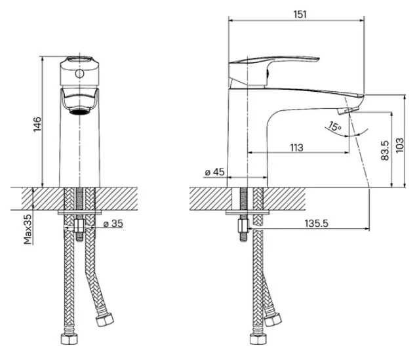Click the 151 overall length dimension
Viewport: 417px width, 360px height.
click(x=300, y=14)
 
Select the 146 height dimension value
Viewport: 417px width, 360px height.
click(x=37, y=124)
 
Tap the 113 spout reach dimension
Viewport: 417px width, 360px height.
click(x=296, y=148)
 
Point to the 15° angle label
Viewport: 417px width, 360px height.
click(x=335, y=126)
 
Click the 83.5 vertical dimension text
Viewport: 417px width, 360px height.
click(x=385, y=150)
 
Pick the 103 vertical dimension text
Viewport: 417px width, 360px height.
click(x=400, y=145)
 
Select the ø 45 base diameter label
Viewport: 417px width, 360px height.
click(x=215, y=172)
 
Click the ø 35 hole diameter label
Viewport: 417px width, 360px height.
click(x=113, y=224)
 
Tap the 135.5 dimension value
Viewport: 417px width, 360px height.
click(x=317, y=224)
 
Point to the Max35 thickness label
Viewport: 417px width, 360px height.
click(x=28, y=230)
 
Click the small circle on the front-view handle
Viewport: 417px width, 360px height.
click(x=79, y=73)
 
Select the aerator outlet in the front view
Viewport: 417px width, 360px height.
click(x=79, y=111)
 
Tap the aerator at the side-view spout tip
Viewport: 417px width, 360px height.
click(x=345, y=111)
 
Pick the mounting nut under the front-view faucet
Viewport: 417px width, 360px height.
click(x=79, y=226)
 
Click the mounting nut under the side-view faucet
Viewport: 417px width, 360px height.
click(x=244, y=226)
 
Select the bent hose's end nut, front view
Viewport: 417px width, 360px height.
click(x=104, y=319)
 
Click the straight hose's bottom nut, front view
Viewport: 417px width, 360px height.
click(x=69, y=339)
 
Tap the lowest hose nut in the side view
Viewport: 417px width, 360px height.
click(x=258, y=339)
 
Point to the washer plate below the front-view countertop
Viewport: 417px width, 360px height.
click(x=79, y=212)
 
